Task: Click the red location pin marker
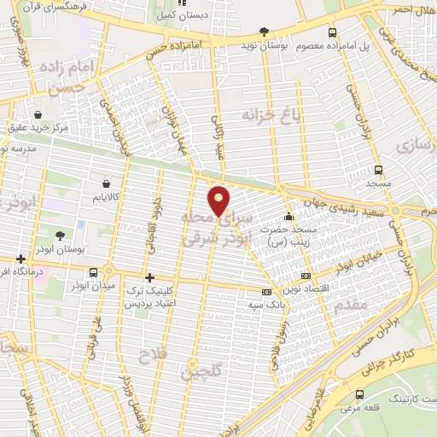point(220,201)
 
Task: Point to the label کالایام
point(106,197)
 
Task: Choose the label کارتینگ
point(393,399)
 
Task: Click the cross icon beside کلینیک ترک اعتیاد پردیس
point(149,277)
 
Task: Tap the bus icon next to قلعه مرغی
point(358,395)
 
